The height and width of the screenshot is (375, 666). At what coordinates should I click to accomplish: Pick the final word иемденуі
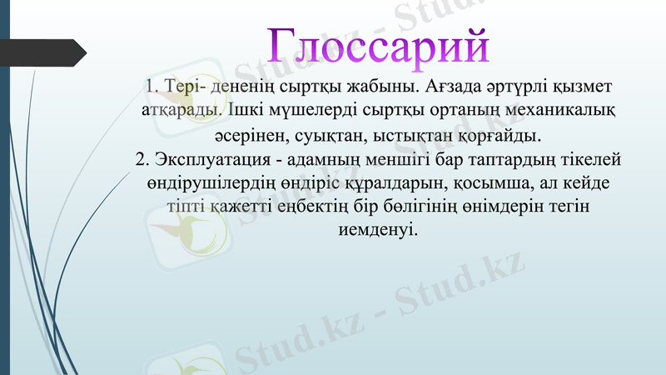379,227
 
